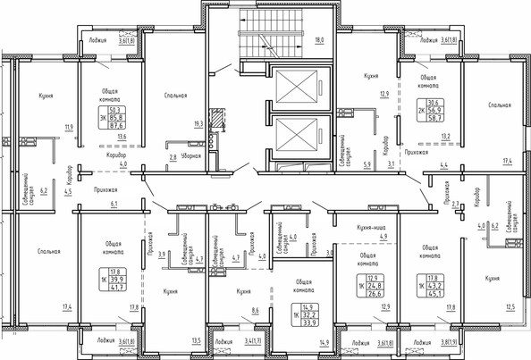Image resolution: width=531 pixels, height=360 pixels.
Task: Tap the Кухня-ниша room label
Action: [370, 227]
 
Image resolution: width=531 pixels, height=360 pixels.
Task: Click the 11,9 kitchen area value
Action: [67, 127]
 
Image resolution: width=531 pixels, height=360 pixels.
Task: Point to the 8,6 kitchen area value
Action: [255, 309]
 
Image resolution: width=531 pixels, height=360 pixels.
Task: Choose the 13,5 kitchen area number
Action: [196, 340]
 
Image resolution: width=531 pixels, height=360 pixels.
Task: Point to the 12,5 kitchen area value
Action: [510, 307]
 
